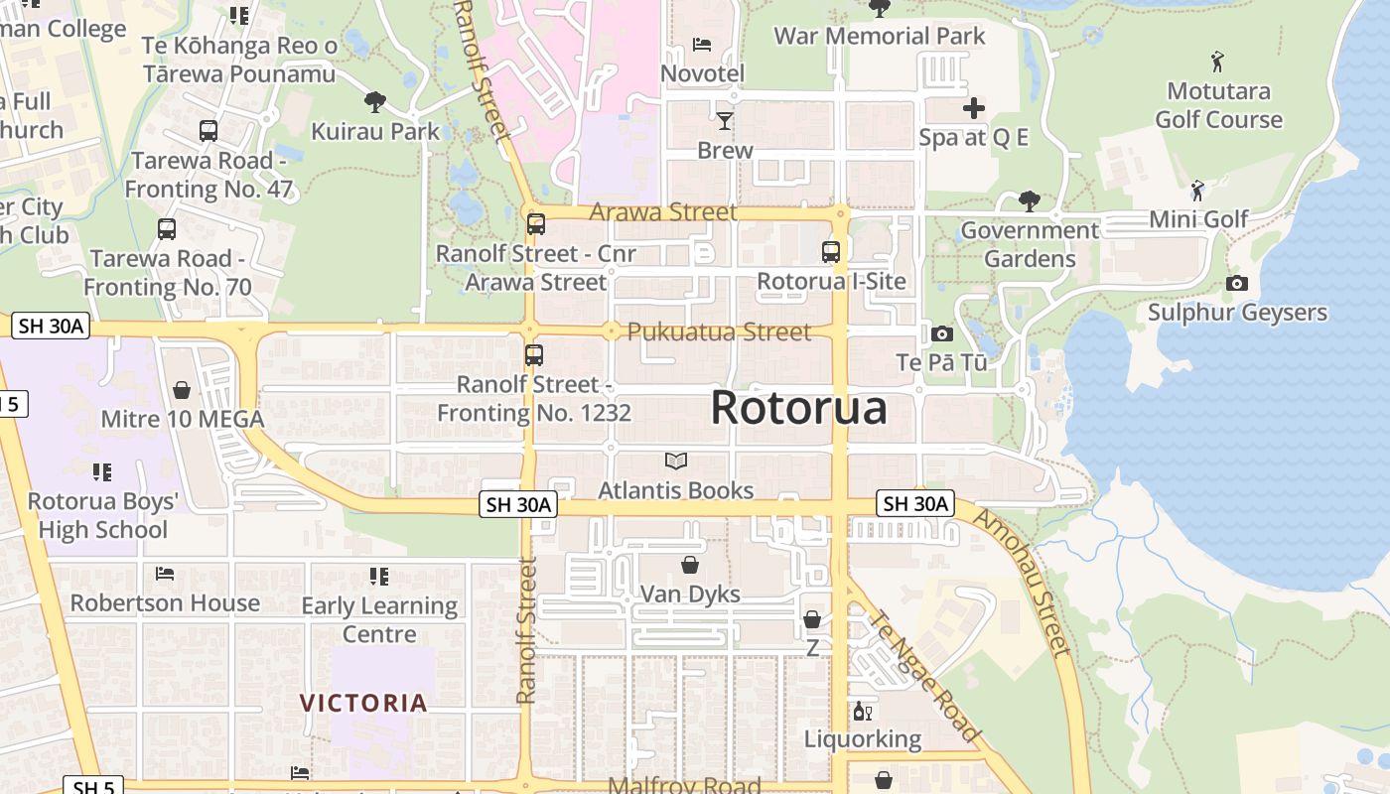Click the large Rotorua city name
click(x=798, y=408)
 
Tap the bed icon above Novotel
click(x=702, y=45)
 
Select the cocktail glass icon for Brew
click(x=725, y=121)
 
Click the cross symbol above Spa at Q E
click(x=973, y=108)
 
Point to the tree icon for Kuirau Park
click(x=374, y=101)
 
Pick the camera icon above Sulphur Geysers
click(x=1236, y=284)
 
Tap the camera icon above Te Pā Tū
click(x=941, y=333)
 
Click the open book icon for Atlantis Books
click(x=676, y=461)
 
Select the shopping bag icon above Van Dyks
click(x=690, y=565)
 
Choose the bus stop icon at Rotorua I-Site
click(x=831, y=252)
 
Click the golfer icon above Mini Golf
click(x=1198, y=190)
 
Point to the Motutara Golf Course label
click(x=1218, y=105)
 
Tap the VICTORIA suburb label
click(x=363, y=703)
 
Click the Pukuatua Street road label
click(x=719, y=331)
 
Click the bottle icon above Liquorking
click(x=862, y=712)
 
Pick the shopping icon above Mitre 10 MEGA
click(x=182, y=390)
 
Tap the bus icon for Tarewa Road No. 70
click(x=167, y=229)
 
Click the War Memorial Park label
click(x=879, y=36)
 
